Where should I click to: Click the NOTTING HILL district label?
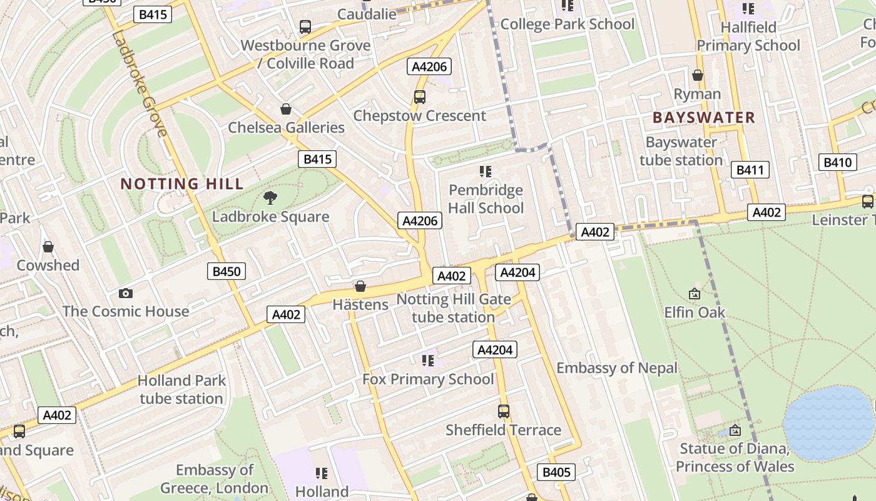pos(181,184)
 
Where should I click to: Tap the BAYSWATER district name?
pos(704,118)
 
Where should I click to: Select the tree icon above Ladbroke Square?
pos(270,198)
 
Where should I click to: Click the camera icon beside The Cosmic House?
pos(126,293)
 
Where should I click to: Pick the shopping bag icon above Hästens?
pos(360,286)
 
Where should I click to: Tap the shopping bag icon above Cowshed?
pos(48,247)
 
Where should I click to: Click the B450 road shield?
pos(226,271)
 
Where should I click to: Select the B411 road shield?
pos(750,170)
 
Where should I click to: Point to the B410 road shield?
pos(837,163)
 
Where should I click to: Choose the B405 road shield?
pos(556,472)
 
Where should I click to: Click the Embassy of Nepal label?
pos(617,368)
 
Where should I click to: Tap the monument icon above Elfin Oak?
pos(695,293)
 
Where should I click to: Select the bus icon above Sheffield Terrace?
pos(504,411)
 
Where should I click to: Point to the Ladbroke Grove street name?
pos(140,82)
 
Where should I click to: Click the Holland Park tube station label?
pos(181,390)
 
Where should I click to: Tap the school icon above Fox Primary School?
pos(428,360)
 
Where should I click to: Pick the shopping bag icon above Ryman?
pos(698,75)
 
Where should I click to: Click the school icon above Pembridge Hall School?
pos(486,171)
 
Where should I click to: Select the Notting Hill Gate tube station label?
pos(454,308)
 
